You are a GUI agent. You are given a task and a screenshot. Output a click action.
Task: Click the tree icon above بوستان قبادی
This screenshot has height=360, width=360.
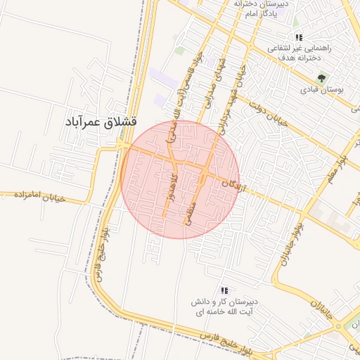click(x=321, y=78)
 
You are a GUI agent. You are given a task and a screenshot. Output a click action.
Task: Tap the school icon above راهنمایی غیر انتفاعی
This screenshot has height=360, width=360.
click(x=299, y=37)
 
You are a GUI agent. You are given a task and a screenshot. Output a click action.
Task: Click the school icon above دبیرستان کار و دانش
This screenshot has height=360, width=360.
click(x=224, y=290)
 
